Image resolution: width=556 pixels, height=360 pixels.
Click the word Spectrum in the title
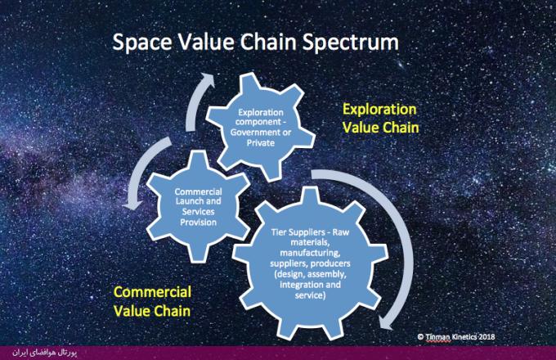350,43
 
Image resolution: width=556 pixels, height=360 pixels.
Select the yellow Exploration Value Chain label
381,119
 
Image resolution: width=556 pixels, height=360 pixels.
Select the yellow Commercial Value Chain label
152,301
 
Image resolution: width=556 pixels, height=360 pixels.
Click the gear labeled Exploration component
261,127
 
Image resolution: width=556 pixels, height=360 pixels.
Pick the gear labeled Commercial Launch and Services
198,206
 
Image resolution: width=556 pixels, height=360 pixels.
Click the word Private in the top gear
261,143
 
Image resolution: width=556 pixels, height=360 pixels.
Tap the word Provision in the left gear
198,223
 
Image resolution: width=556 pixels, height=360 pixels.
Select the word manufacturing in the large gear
310,254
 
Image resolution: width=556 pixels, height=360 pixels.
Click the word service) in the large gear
310,295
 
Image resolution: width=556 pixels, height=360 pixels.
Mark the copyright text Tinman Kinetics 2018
456,337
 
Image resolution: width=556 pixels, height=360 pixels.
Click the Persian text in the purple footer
45,353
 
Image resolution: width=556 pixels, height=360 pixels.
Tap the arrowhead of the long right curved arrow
387,322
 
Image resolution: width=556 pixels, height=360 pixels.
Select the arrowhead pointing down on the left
132,205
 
